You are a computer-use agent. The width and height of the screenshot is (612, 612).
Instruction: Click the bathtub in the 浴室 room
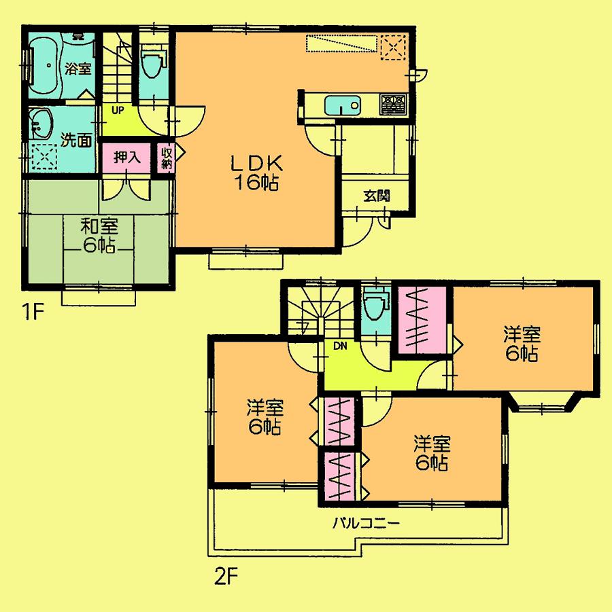[x=44, y=67]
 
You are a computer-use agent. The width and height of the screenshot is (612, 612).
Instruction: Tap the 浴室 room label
[x=78, y=68]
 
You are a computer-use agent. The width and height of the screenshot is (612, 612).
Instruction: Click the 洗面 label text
[x=75, y=141]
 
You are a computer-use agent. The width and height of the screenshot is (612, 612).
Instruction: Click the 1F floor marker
[x=32, y=313]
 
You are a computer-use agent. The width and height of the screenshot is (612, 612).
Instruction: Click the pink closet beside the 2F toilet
[x=422, y=320]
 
